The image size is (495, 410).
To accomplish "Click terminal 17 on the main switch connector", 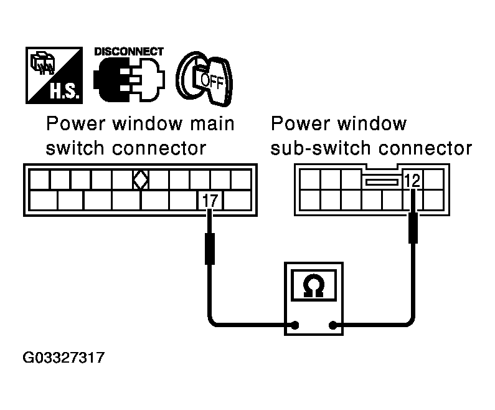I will (x=209, y=201).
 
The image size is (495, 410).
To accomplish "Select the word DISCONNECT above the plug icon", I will (x=129, y=52).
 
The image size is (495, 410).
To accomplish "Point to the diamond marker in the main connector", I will (x=141, y=181).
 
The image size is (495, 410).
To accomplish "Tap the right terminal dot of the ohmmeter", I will (x=334, y=325).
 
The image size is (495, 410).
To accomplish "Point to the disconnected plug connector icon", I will (x=129, y=81).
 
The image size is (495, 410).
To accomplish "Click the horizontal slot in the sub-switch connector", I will (x=381, y=182).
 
